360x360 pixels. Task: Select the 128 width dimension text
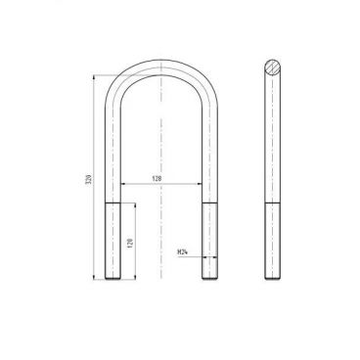[157, 178]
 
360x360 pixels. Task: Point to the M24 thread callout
[182, 252]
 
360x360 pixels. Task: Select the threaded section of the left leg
[112, 241]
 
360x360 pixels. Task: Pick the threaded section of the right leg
[210, 241]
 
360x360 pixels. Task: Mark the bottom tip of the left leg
[112, 279]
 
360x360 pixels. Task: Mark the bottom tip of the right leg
[210, 279]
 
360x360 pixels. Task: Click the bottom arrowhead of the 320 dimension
[96, 278]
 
